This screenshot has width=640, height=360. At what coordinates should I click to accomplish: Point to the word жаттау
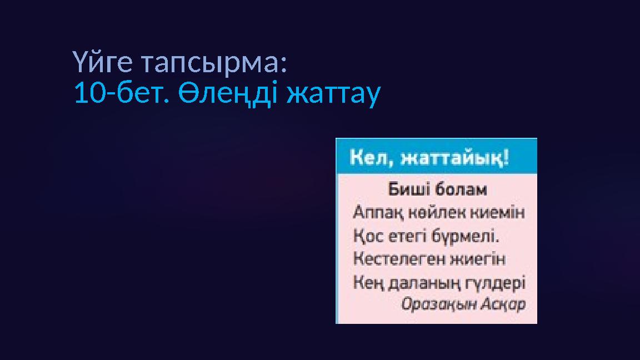(333, 94)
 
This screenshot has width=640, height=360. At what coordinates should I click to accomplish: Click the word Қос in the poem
(366, 236)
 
